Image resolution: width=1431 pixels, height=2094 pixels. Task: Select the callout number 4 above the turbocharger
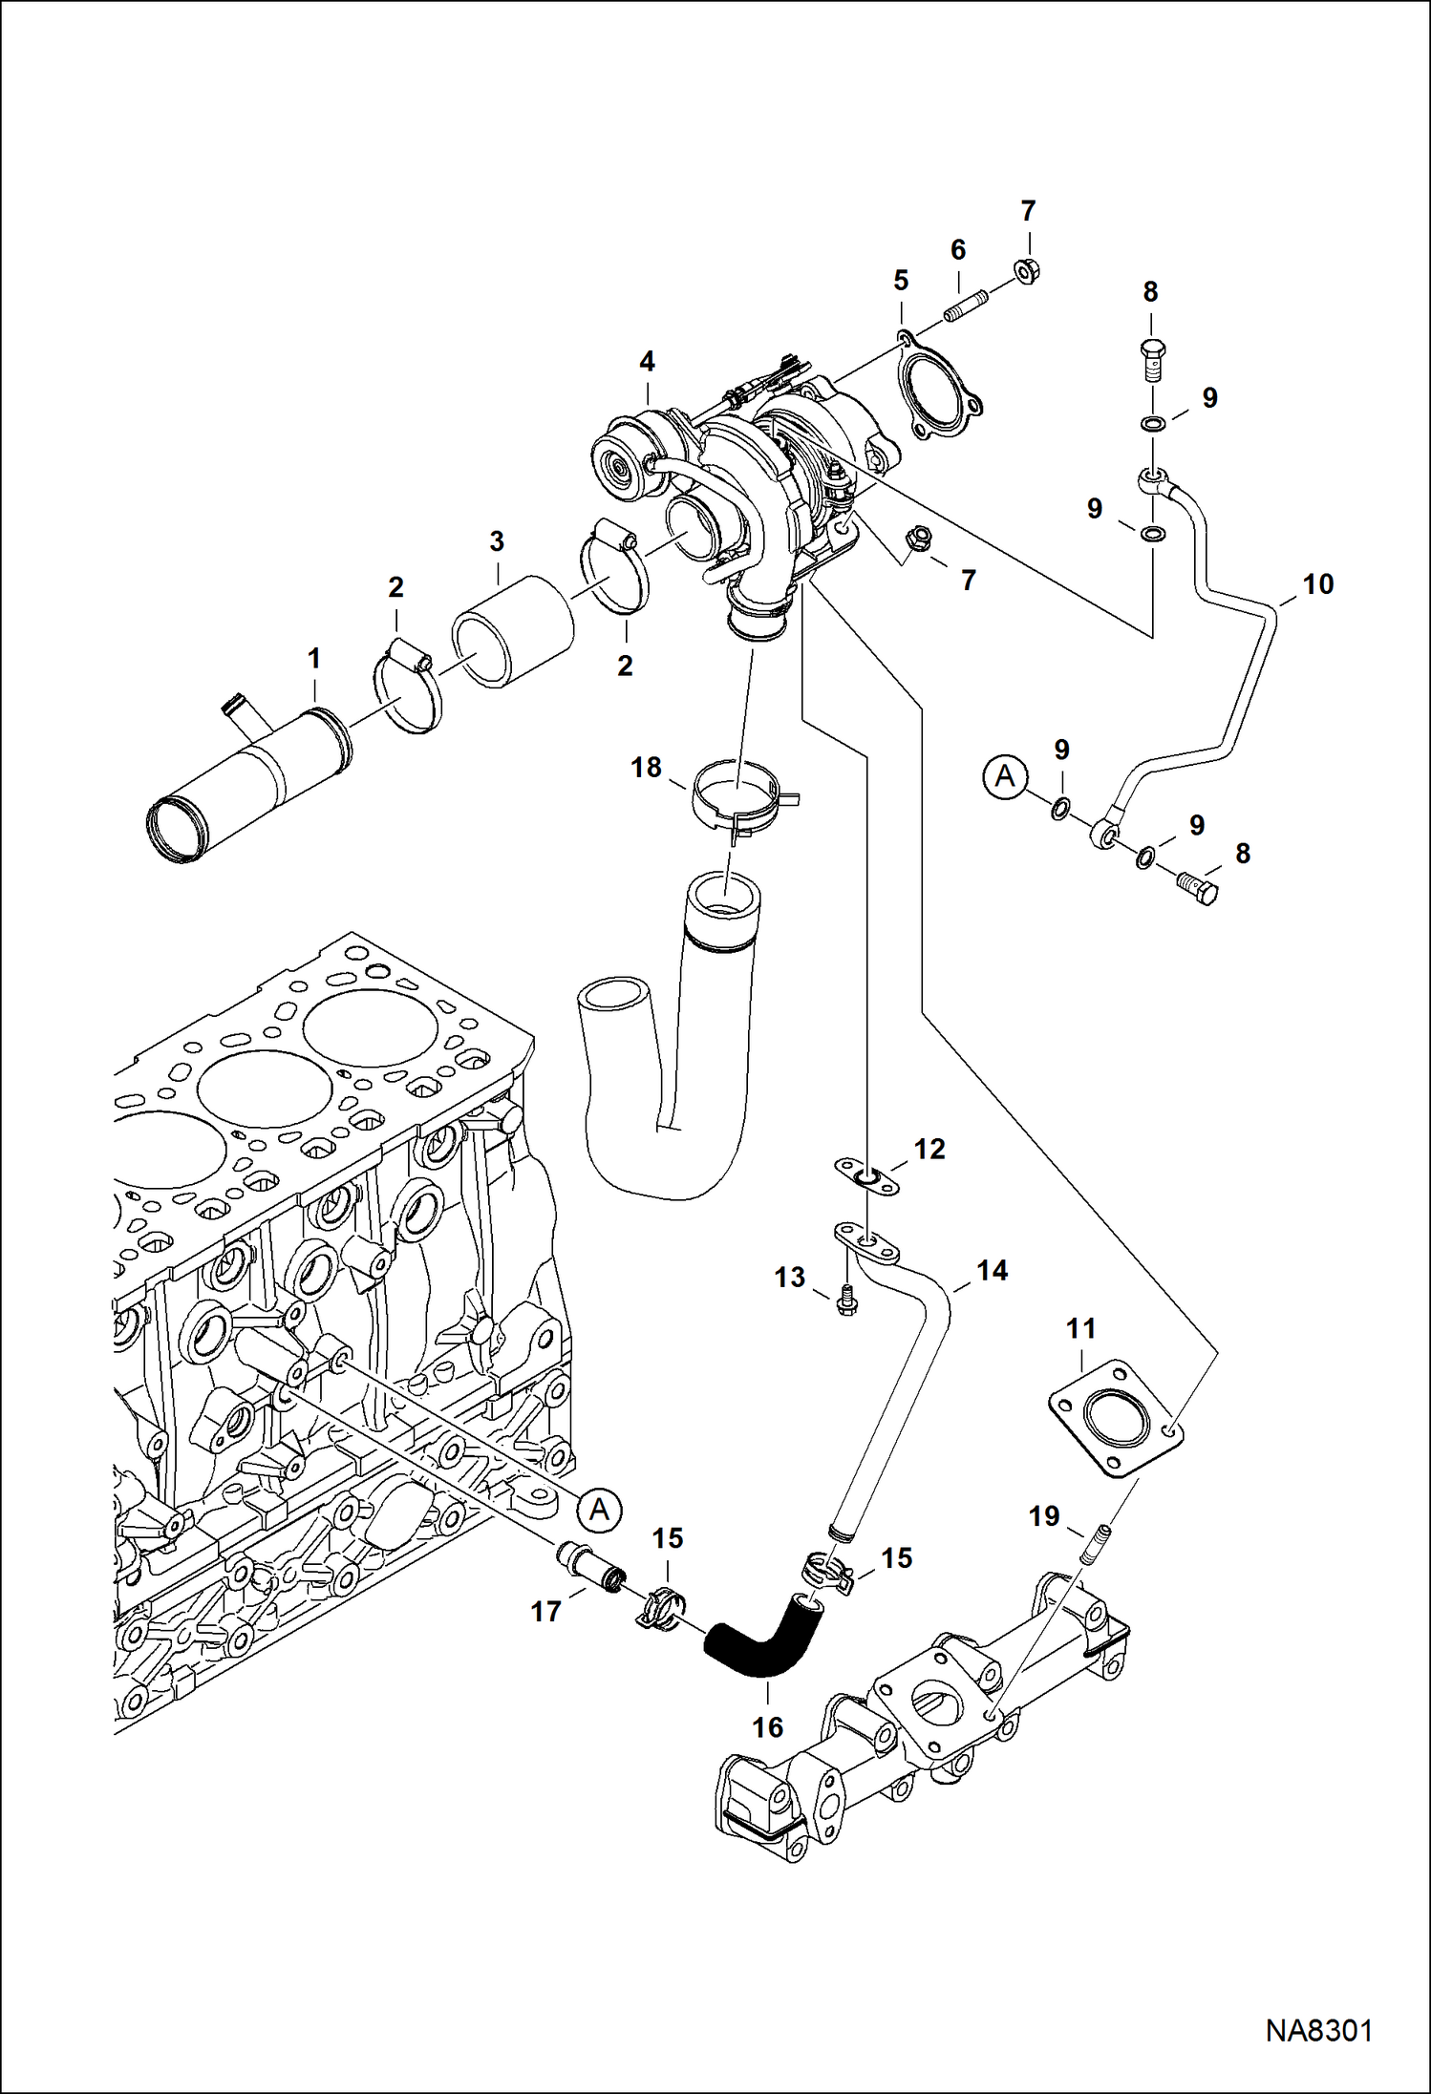click(647, 362)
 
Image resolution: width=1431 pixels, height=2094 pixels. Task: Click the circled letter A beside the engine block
click(599, 1509)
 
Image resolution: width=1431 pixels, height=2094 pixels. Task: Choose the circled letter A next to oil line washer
click(1004, 775)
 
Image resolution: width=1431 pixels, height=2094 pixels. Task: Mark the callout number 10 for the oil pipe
click(1317, 584)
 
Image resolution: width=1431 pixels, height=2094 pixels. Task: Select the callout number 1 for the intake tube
click(313, 659)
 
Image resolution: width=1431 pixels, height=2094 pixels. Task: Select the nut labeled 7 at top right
click(1028, 271)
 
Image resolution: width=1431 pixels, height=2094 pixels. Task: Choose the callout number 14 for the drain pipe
click(992, 1271)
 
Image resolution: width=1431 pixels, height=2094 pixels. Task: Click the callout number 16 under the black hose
click(767, 1726)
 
